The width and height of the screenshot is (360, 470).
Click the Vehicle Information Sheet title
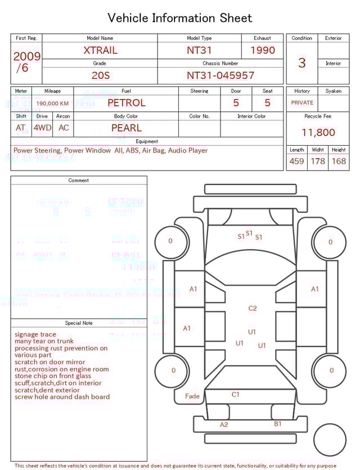tap(180, 18)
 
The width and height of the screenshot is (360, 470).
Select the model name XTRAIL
tap(100, 50)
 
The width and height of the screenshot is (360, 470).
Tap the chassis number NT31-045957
tap(220, 75)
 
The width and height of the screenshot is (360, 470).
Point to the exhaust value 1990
tap(263, 50)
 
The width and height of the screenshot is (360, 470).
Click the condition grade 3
tap(301, 62)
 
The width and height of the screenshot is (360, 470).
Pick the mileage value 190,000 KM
tap(52, 104)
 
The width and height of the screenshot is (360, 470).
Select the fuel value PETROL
tap(126, 103)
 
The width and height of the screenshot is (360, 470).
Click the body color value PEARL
tap(126, 128)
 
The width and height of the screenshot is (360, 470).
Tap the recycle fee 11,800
tap(318, 133)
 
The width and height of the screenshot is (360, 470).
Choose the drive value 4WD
tap(42, 128)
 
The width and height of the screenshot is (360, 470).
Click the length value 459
tap(296, 162)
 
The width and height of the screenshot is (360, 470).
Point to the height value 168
tap(339, 162)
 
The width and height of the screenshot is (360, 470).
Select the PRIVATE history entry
tap(302, 103)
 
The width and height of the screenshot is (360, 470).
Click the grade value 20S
tap(100, 75)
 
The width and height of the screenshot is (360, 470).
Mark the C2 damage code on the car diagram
tap(253, 308)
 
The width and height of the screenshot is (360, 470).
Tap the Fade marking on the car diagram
tap(192, 396)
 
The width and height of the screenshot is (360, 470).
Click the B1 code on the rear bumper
tap(278, 424)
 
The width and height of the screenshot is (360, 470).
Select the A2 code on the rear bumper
tap(224, 424)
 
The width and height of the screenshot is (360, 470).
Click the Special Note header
tap(79, 323)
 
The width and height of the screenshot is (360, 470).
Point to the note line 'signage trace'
tap(35, 334)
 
